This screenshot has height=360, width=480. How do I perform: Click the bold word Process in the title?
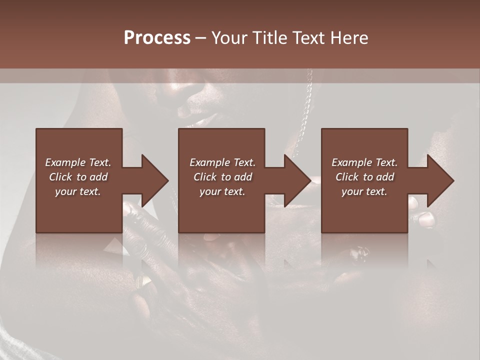point(157,38)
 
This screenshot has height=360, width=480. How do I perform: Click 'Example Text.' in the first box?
point(78,162)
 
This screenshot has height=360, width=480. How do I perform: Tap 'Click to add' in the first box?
point(78,177)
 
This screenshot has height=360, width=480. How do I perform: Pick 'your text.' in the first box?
point(78,191)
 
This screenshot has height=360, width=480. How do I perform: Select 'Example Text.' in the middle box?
point(222,162)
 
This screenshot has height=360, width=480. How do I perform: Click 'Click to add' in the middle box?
point(222,177)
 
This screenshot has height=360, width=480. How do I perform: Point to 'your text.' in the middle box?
point(222,191)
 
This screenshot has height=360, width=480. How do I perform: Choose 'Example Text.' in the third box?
point(364,162)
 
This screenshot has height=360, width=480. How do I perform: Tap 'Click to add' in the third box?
point(364,177)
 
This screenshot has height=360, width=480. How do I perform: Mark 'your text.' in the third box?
point(364,191)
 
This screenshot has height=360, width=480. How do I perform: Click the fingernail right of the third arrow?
point(426,219)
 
